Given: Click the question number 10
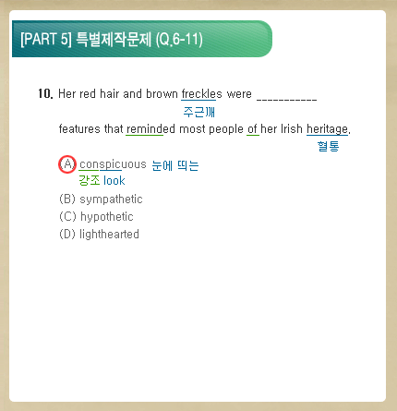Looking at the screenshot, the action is click(x=45, y=93).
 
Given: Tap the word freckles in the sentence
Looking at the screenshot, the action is click(x=201, y=93).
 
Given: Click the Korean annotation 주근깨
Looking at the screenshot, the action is click(x=199, y=112).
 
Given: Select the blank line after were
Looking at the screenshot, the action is click(x=286, y=99).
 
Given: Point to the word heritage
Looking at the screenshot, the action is click(x=327, y=129).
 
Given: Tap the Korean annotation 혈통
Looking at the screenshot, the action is click(x=328, y=146).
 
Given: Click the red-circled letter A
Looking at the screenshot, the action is click(x=67, y=164).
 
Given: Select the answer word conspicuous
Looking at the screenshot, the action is click(x=113, y=164).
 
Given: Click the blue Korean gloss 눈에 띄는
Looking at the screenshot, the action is click(x=175, y=166).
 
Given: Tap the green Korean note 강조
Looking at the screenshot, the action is click(x=90, y=180).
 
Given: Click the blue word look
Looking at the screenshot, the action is click(x=114, y=180).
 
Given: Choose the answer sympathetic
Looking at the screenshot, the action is click(x=111, y=199).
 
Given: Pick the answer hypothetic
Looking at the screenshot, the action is click(x=107, y=217).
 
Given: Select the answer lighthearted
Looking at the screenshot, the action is click(x=109, y=235).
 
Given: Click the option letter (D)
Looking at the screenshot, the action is click(x=67, y=235).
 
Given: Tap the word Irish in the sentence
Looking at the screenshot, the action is click(x=292, y=128).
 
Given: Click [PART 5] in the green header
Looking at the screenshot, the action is click(x=46, y=40).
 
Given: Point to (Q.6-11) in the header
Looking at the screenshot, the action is click(x=179, y=40).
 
